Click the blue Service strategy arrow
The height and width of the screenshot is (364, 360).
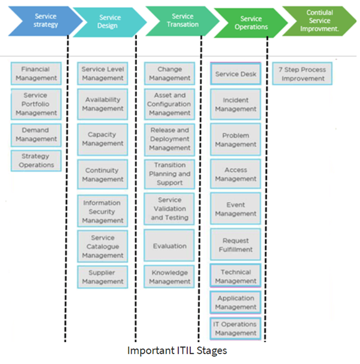click(x=42, y=21)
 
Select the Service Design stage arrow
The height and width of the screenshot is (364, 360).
click(x=110, y=22)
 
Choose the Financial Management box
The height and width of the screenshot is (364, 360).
click(x=36, y=74)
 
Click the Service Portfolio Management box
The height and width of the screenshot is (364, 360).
click(x=36, y=104)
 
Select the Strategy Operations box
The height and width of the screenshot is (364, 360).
click(x=36, y=161)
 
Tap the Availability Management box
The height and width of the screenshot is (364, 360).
click(x=103, y=104)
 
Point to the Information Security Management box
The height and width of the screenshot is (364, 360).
click(x=103, y=212)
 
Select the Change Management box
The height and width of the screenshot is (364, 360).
click(x=170, y=74)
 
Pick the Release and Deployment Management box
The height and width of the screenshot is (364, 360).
click(x=170, y=139)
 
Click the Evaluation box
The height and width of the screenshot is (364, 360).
click(x=170, y=246)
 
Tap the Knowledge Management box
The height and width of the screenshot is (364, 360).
click(x=170, y=277)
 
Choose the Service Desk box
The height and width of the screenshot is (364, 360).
click(x=235, y=74)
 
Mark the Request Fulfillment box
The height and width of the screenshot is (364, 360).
click(x=235, y=245)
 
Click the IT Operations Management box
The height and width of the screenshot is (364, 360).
click(x=235, y=328)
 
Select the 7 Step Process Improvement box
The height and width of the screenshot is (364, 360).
click(x=302, y=74)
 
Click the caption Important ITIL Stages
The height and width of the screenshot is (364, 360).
click(x=177, y=351)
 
